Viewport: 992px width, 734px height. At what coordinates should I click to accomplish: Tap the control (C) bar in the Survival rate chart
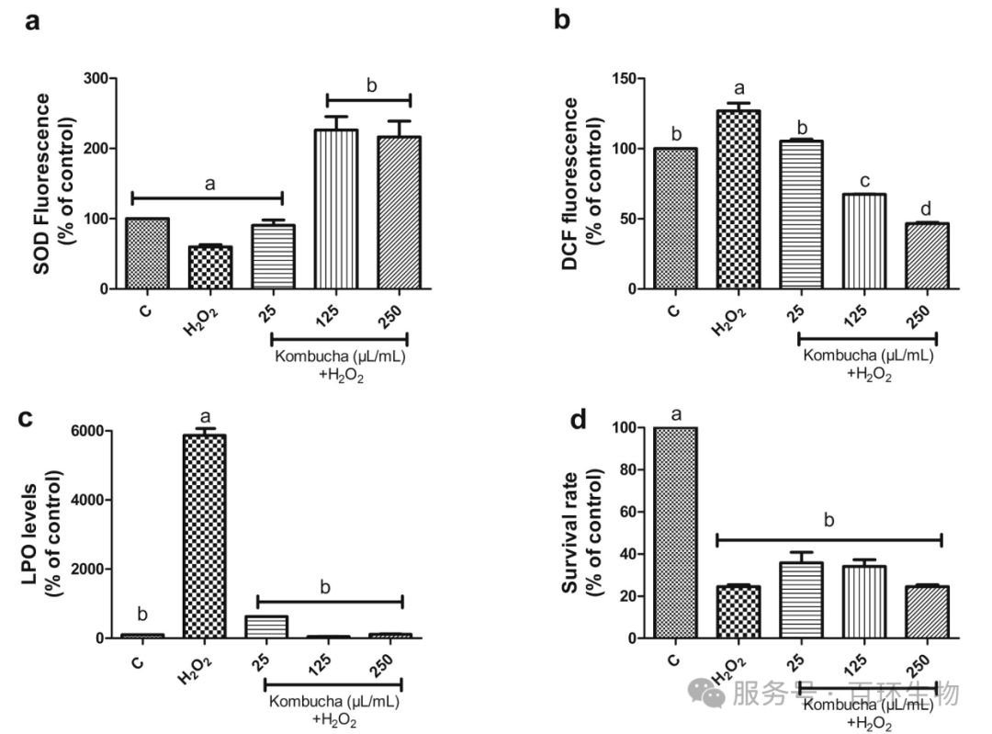[675, 532]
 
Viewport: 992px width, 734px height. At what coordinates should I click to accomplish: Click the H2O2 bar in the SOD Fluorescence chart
[210, 267]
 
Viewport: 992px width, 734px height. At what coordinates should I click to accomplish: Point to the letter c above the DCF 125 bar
[864, 179]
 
